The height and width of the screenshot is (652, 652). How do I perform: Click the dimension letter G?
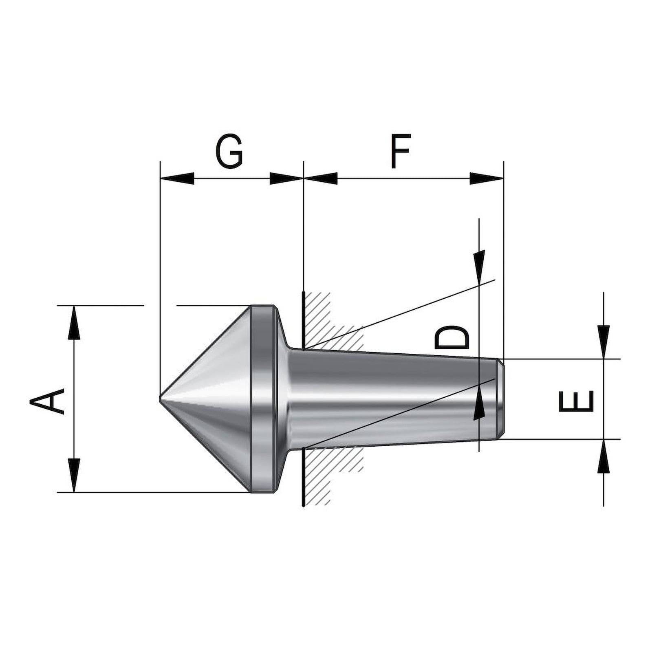pos(229,151)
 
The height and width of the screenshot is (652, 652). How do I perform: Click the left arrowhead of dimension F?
pos(321,178)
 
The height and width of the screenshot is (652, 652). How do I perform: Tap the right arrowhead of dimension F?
pos(487,178)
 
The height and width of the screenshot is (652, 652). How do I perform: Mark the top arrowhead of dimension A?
pos(74,322)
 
